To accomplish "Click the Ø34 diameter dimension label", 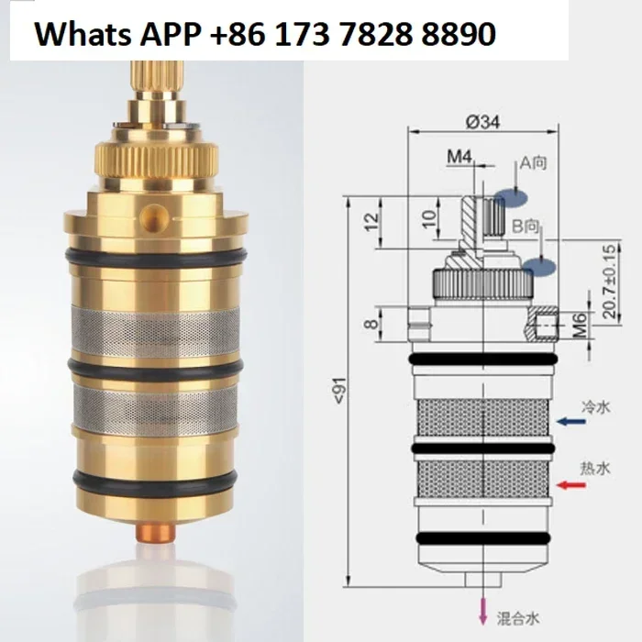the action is pos(483,122).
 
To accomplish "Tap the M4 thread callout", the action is pos(459,157).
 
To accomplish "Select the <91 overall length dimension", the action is pos(340,390).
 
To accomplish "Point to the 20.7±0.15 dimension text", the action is pos(610,282).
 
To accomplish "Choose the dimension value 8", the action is pos(371,325).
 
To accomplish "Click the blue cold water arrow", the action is pos(572,421).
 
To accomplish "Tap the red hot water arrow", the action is pos(571,485).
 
